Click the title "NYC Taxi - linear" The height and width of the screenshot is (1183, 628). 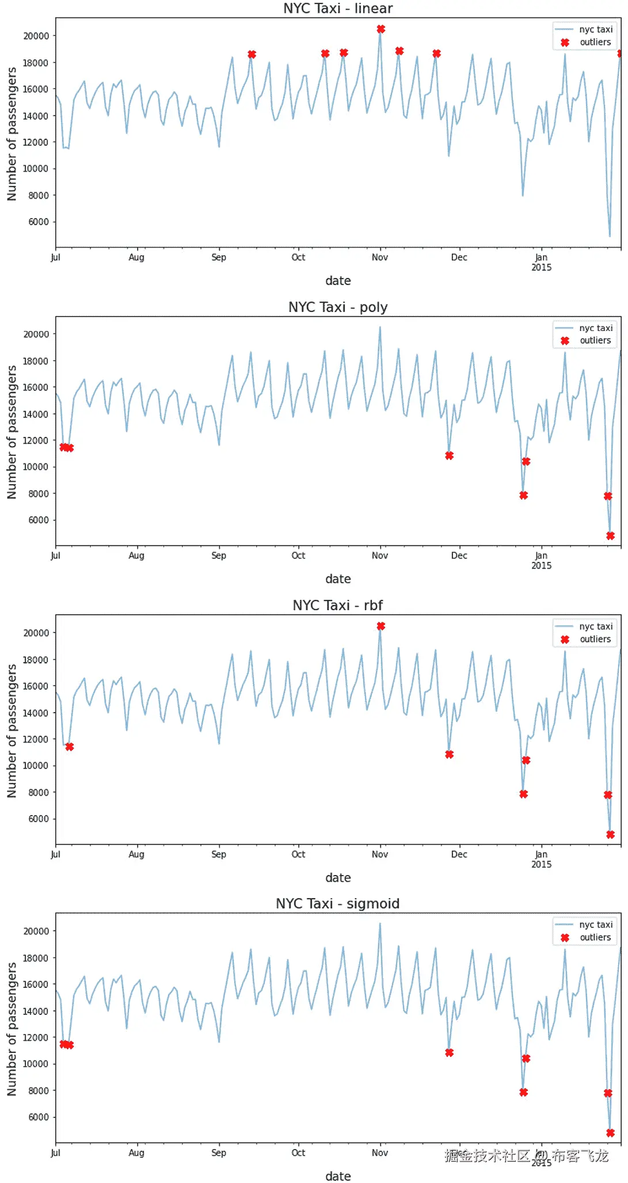coord(338,9)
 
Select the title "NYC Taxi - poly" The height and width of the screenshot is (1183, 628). coord(338,307)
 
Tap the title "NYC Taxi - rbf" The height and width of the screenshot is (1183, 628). coord(338,605)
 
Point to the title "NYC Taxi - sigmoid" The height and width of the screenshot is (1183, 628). coord(338,903)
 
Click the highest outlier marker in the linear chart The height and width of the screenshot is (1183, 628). coord(380,29)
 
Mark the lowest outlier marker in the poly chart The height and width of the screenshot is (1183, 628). coord(610,535)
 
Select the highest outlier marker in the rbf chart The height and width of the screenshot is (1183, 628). coord(380,626)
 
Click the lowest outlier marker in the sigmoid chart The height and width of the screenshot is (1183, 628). coord(610,1132)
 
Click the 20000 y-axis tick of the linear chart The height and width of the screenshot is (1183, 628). coord(36,36)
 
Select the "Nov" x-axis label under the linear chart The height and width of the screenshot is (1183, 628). coord(380,257)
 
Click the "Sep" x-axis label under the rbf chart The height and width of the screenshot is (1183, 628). coord(219,854)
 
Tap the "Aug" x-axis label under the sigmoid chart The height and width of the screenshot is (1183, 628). coord(136,1152)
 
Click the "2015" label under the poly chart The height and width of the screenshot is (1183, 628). coord(541,566)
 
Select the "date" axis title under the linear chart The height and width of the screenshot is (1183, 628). coord(338,280)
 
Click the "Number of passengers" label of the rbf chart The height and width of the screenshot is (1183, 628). coord(12,731)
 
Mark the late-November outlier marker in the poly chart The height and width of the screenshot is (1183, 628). coord(449,455)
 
